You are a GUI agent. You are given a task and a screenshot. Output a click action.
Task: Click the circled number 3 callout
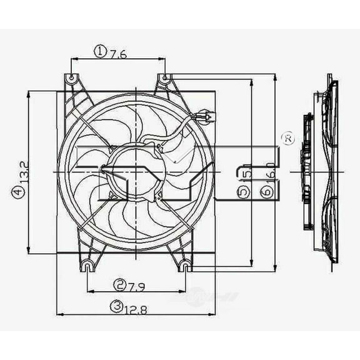pyautogui.click(x=116, y=306)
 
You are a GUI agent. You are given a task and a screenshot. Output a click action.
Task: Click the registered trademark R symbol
pyautogui.click(x=287, y=139)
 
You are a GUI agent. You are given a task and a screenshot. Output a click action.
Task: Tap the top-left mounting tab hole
pyautogui.click(x=71, y=79)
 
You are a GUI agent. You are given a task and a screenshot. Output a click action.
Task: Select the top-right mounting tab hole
pyautogui.click(x=165, y=79)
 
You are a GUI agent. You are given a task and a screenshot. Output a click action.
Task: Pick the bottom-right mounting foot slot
pyautogui.click(x=185, y=267)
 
